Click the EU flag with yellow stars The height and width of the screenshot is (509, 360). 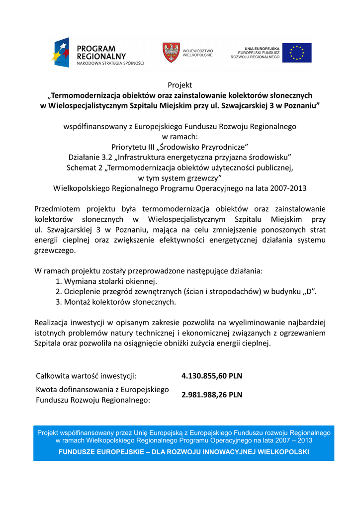(x=297, y=53)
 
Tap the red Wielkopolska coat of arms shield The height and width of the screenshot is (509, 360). (x=171, y=52)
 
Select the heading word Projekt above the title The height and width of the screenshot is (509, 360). (x=180, y=85)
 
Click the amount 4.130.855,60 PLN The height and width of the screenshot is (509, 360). (x=212, y=376)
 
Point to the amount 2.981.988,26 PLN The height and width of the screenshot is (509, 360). (x=212, y=395)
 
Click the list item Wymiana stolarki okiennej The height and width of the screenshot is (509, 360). (x=106, y=281)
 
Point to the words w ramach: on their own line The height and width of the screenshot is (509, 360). (x=180, y=136)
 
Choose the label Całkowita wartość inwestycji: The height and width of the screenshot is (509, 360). (x=86, y=376)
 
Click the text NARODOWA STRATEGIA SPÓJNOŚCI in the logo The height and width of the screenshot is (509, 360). (x=110, y=64)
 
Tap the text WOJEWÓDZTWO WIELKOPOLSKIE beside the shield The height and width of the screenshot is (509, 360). (x=198, y=53)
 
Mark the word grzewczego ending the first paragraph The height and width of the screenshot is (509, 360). (x=55, y=251)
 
